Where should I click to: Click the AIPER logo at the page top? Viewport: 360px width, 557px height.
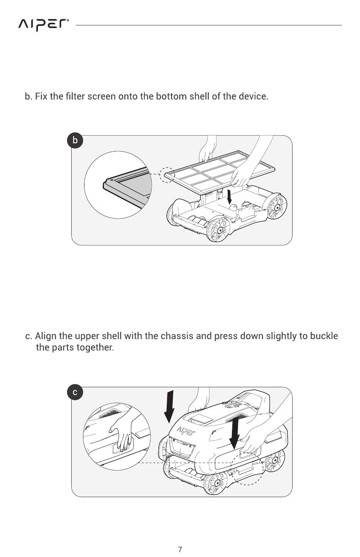(43, 25)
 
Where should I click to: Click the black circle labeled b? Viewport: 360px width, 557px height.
(75, 141)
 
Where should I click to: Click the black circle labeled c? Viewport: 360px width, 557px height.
(75, 392)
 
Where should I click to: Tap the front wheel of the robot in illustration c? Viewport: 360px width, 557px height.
(215, 483)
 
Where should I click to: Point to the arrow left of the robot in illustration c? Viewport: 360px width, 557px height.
(169, 406)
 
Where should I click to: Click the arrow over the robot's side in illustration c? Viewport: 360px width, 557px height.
(235, 433)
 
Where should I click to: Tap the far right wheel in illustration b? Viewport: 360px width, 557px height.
(277, 207)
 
